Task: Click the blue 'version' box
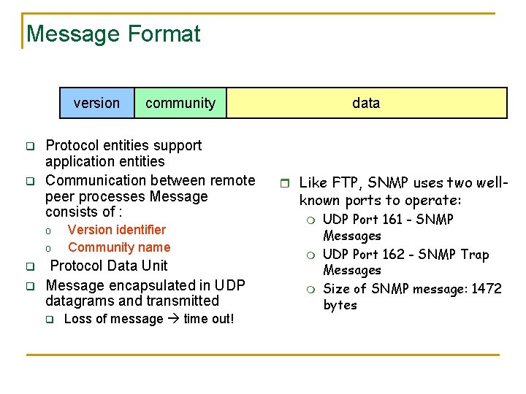pyautogui.click(x=96, y=103)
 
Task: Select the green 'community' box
pyautogui.click(x=180, y=103)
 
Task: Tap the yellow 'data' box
pyautogui.click(x=366, y=103)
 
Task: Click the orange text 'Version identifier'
pyautogui.click(x=117, y=230)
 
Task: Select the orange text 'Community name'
pyautogui.click(x=119, y=247)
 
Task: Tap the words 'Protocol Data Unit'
pyautogui.click(x=109, y=266)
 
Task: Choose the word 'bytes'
pyautogui.click(x=340, y=305)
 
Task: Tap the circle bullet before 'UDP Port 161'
pyautogui.click(x=310, y=220)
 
